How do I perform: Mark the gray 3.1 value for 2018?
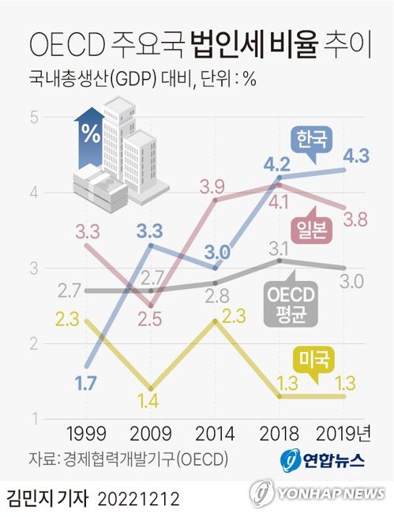277,249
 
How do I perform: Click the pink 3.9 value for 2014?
212,187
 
